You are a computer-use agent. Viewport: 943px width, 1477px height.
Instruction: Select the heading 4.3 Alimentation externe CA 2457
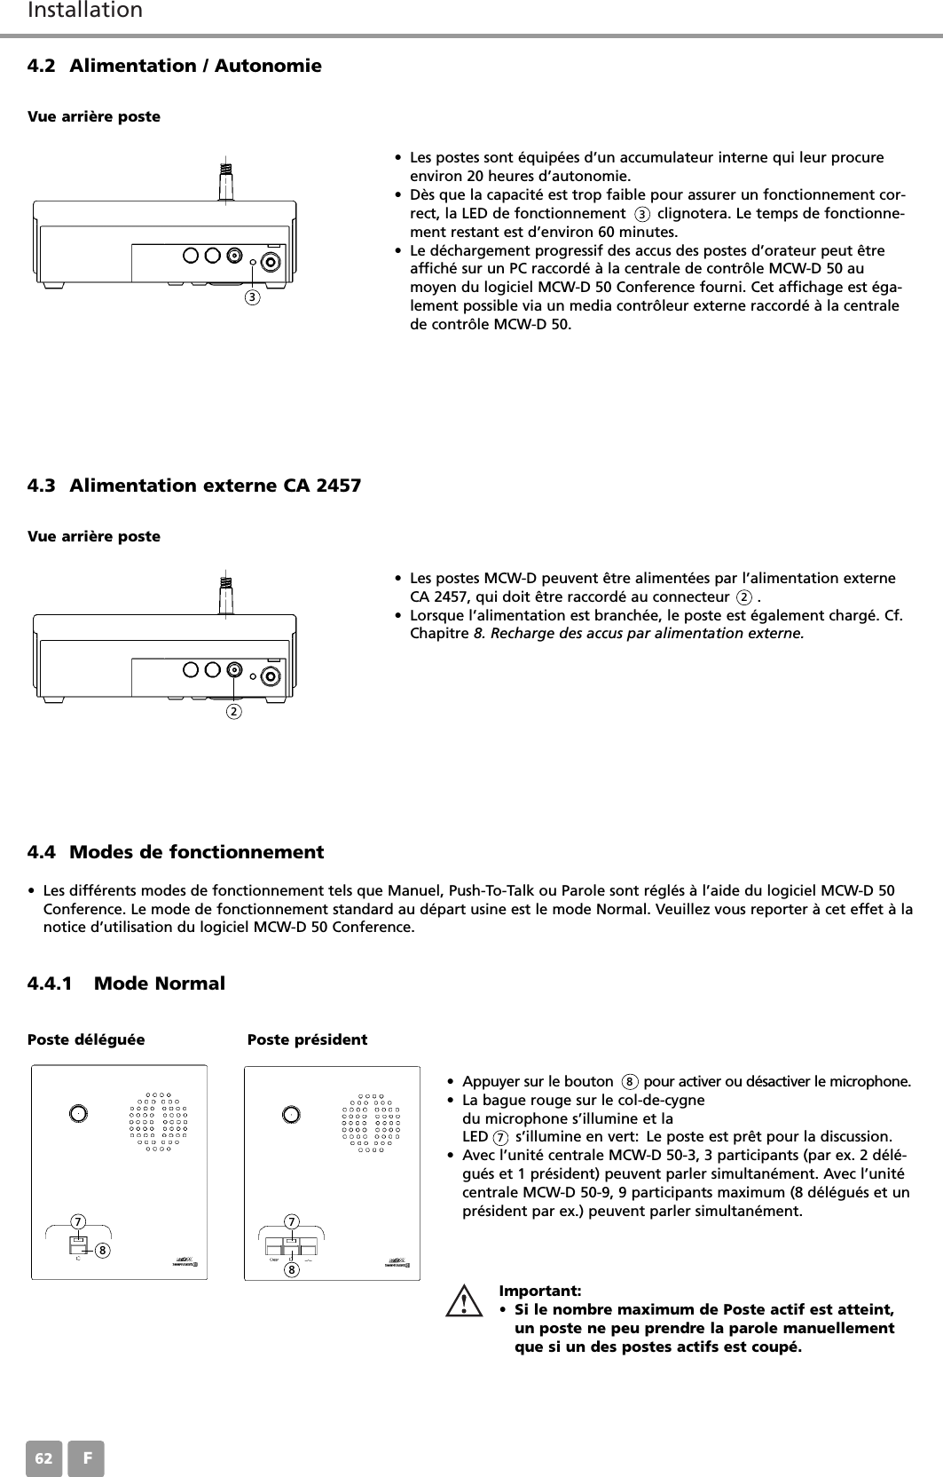click(194, 486)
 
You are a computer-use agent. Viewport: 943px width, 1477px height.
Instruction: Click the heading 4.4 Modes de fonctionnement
click(176, 852)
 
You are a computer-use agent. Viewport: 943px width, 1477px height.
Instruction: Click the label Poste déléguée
click(86, 1039)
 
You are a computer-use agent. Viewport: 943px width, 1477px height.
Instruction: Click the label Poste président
click(307, 1039)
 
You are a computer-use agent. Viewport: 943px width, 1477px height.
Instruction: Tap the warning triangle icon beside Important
click(463, 1304)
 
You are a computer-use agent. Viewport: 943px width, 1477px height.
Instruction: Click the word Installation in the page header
click(85, 11)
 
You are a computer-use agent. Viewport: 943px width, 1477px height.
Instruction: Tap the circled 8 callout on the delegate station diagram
click(103, 1250)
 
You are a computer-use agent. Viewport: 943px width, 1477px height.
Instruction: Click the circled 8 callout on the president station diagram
click(290, 1268)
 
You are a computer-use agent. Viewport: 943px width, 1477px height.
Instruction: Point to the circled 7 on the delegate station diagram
click(78, 1222)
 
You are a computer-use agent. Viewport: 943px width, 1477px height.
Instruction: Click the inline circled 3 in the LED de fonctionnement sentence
click(642, 214)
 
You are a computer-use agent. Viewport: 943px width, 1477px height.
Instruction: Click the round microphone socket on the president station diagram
click(290, 1113)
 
